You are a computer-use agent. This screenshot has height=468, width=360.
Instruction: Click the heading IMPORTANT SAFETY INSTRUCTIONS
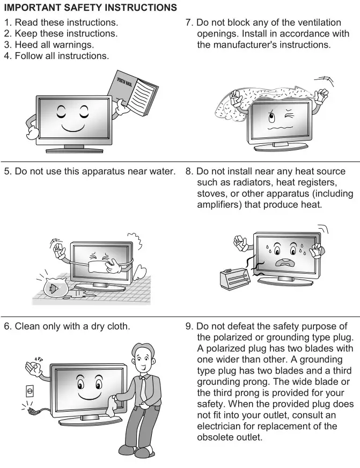90,8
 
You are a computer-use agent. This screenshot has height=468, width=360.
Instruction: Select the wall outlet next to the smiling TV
30,391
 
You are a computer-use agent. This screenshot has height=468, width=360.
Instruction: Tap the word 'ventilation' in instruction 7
316,23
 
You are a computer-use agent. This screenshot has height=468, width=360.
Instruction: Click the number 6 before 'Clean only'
7,326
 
